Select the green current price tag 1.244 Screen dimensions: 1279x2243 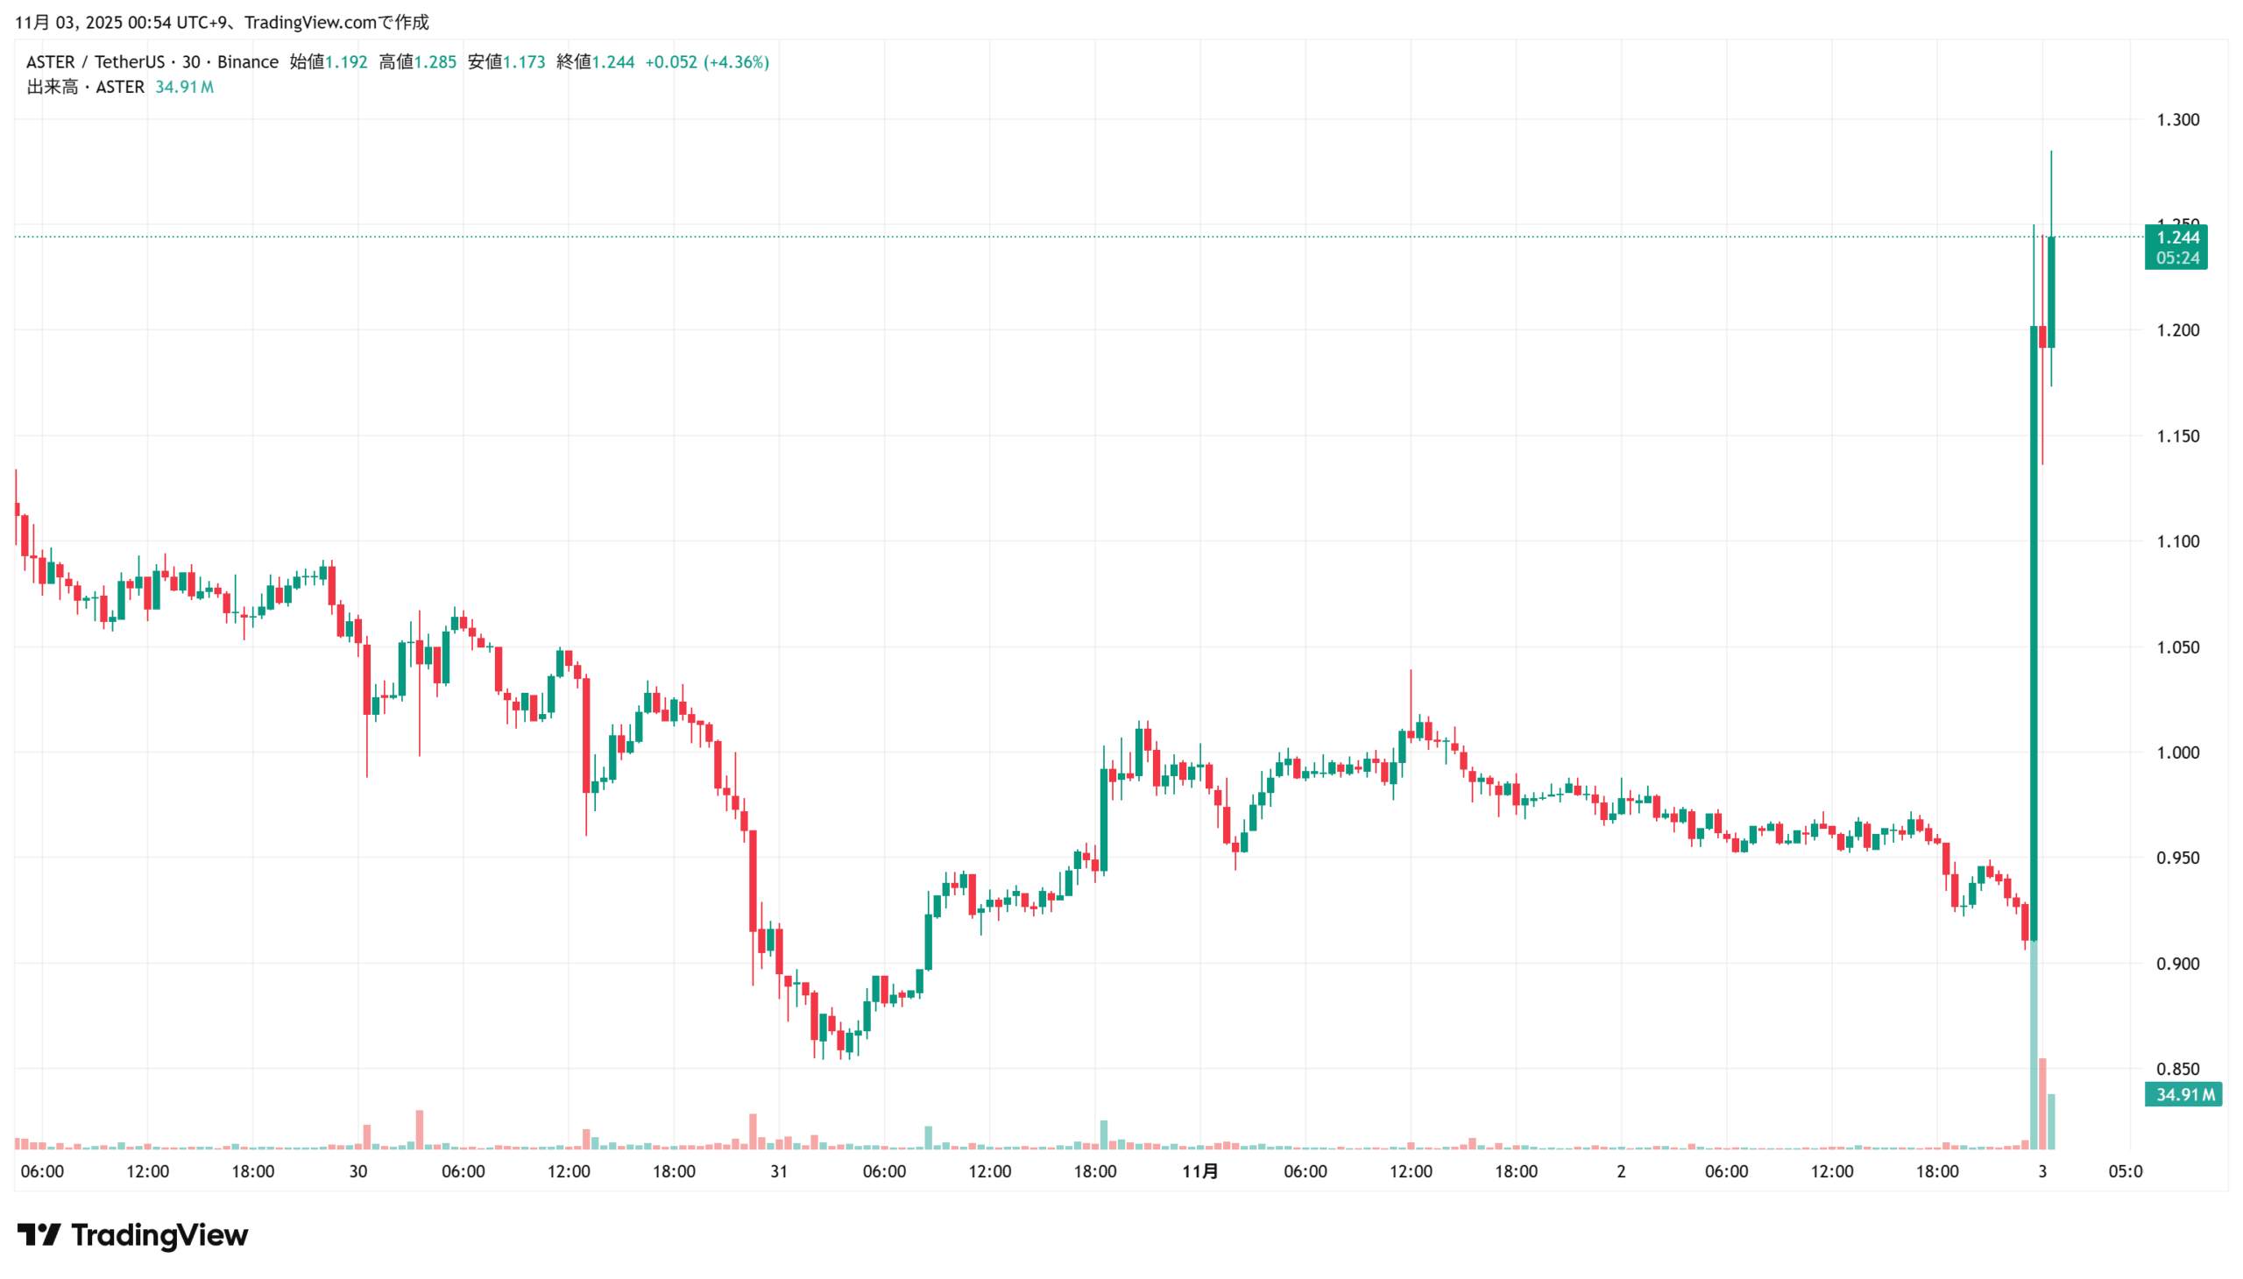click(x=2176, y=237)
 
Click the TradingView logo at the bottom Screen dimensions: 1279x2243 click(x=132, y=1234)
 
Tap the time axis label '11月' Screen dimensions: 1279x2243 click(x=1199, y=1171)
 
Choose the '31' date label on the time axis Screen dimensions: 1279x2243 click(x=778, y=1171)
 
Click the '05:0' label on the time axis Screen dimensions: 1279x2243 click(x=2125, y=1171)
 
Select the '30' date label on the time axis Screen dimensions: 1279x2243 click(x=357, y=1171)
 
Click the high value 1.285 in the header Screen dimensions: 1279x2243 click(x=435, y=62)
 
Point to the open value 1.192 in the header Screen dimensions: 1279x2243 click(x=346, y=62)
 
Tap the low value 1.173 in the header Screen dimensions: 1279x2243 click(x=524, y=62)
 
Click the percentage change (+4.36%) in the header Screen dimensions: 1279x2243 click(x=736, y=62)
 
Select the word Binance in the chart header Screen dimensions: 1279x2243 click(x=248, y=62)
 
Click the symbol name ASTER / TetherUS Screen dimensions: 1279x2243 click(x=95, y=62)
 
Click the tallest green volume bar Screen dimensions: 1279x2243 click(x=2032, y=1045)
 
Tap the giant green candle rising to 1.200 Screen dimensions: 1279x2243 click(x=2033, y=632)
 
